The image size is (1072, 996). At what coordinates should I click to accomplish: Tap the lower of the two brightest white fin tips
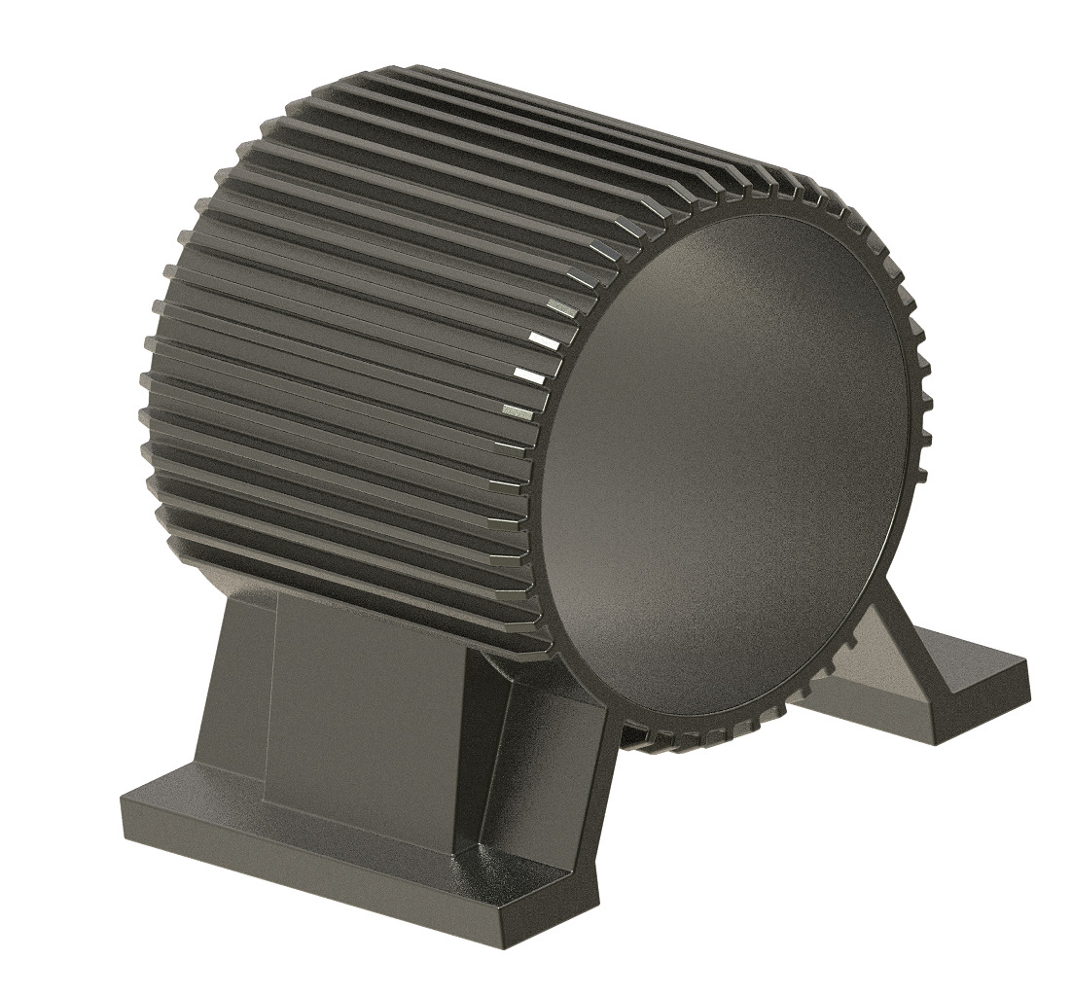(528, 374)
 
